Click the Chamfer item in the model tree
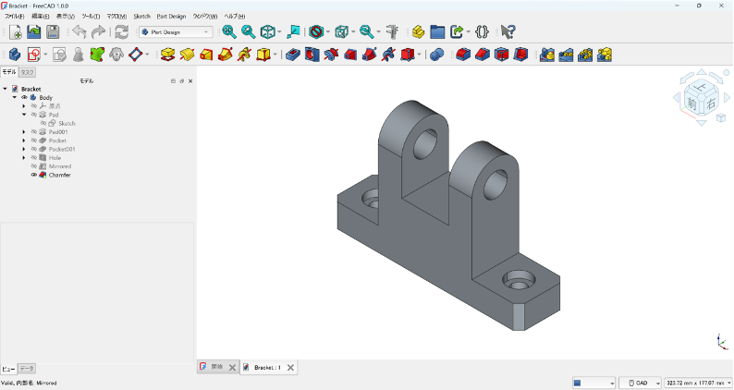[59, 175]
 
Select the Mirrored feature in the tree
[59, 166]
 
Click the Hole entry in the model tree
[55, 158]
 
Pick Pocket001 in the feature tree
[62, 149]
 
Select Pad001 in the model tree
[57, 132]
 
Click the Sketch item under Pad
[67, 123]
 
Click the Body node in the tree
[45, 97]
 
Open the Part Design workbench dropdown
[176, 31]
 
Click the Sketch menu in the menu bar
[141, 16]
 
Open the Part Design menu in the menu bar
[171, 16]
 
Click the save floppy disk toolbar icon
[53, 31]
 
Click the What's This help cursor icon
[508, 31]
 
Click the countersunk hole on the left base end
[371, 199]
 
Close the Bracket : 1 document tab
[290, 368]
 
